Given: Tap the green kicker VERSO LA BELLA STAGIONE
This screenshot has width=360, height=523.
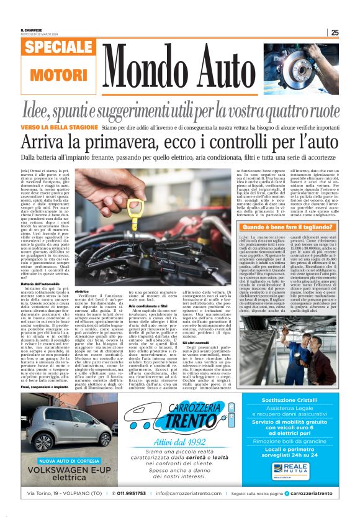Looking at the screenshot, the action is point(60,127).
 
